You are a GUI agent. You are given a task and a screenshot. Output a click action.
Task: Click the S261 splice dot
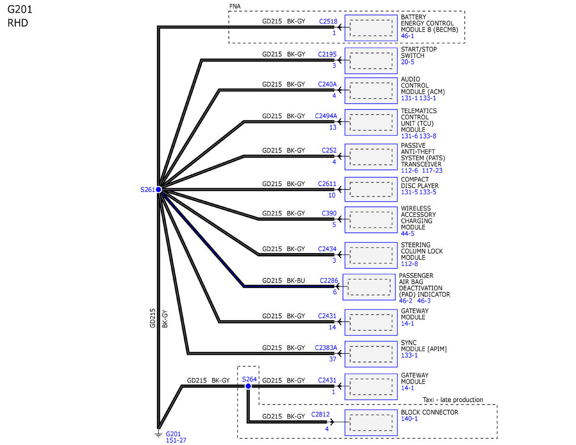[x=158, y=190]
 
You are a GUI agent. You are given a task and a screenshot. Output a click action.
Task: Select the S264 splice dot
[x=248, y=386]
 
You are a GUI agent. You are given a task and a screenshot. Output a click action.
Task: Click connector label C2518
[x=328, y=22]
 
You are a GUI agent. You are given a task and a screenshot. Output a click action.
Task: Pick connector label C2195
[x=327, y=54]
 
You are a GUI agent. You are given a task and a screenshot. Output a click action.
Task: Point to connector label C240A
[x=327, y=84]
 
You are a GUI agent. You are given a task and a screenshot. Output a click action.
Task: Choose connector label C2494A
[x=326, y=116]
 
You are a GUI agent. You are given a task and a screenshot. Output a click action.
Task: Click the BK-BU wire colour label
[x=296, y=280]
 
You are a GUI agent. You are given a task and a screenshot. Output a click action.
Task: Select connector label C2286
[x=329, y=280]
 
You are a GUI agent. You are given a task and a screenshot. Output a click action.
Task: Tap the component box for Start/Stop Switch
[x=371, y=61]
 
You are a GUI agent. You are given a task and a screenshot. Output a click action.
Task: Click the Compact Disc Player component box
[x=371, y=190]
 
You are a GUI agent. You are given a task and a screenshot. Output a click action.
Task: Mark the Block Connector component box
[x=371, y=423]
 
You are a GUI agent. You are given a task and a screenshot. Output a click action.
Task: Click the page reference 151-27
[x=176, y=440]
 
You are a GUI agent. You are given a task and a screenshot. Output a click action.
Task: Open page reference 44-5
[x=408, y=233]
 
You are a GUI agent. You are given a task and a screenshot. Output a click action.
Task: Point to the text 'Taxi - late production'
[x=453, y=400]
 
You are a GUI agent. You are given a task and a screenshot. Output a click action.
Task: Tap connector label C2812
[x=320, y=414]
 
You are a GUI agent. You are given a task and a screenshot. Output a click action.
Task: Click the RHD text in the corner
[x=18, y=23]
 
